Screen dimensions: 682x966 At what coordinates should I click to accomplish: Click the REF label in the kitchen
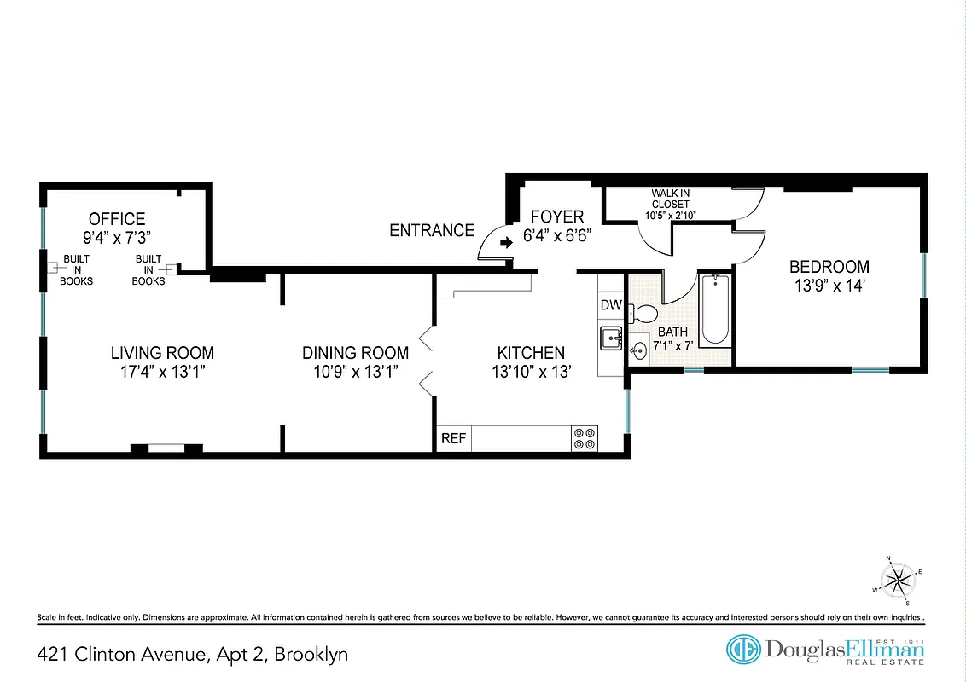tap(453, 438)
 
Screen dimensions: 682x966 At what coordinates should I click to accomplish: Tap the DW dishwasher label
tap(610, 305)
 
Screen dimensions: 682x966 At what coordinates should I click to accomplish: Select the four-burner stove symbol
tap(585, 438)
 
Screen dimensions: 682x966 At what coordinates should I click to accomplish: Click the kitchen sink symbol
tap(611, 338)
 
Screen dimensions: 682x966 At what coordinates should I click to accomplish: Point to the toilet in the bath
tap(643, 314)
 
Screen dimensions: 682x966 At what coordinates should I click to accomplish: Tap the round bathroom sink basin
tap(639, 350)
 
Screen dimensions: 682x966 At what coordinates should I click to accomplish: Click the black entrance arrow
tap(505, 242)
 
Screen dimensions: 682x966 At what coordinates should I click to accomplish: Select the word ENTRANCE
tap(432, 230)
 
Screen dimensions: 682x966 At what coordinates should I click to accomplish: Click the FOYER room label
tap(557, 217)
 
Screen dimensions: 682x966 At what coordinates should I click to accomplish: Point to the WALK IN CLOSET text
tap(670, 204)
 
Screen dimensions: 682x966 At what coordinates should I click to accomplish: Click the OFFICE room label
tap(117, 219)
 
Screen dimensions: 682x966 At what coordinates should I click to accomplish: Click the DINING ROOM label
tap(355, 352)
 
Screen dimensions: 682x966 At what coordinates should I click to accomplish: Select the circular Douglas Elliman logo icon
tap(743, 650)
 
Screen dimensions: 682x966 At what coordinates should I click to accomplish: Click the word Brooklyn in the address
tap(310, 655)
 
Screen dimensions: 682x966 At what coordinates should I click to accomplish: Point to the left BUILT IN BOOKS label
tap(76, 269)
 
